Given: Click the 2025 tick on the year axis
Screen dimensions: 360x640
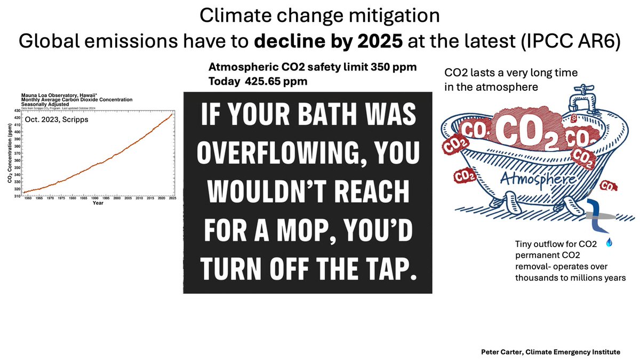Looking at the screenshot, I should click(173, 198).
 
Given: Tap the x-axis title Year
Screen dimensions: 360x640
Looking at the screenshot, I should click(98, 203).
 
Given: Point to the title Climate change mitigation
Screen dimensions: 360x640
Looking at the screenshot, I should click(319, 16).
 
